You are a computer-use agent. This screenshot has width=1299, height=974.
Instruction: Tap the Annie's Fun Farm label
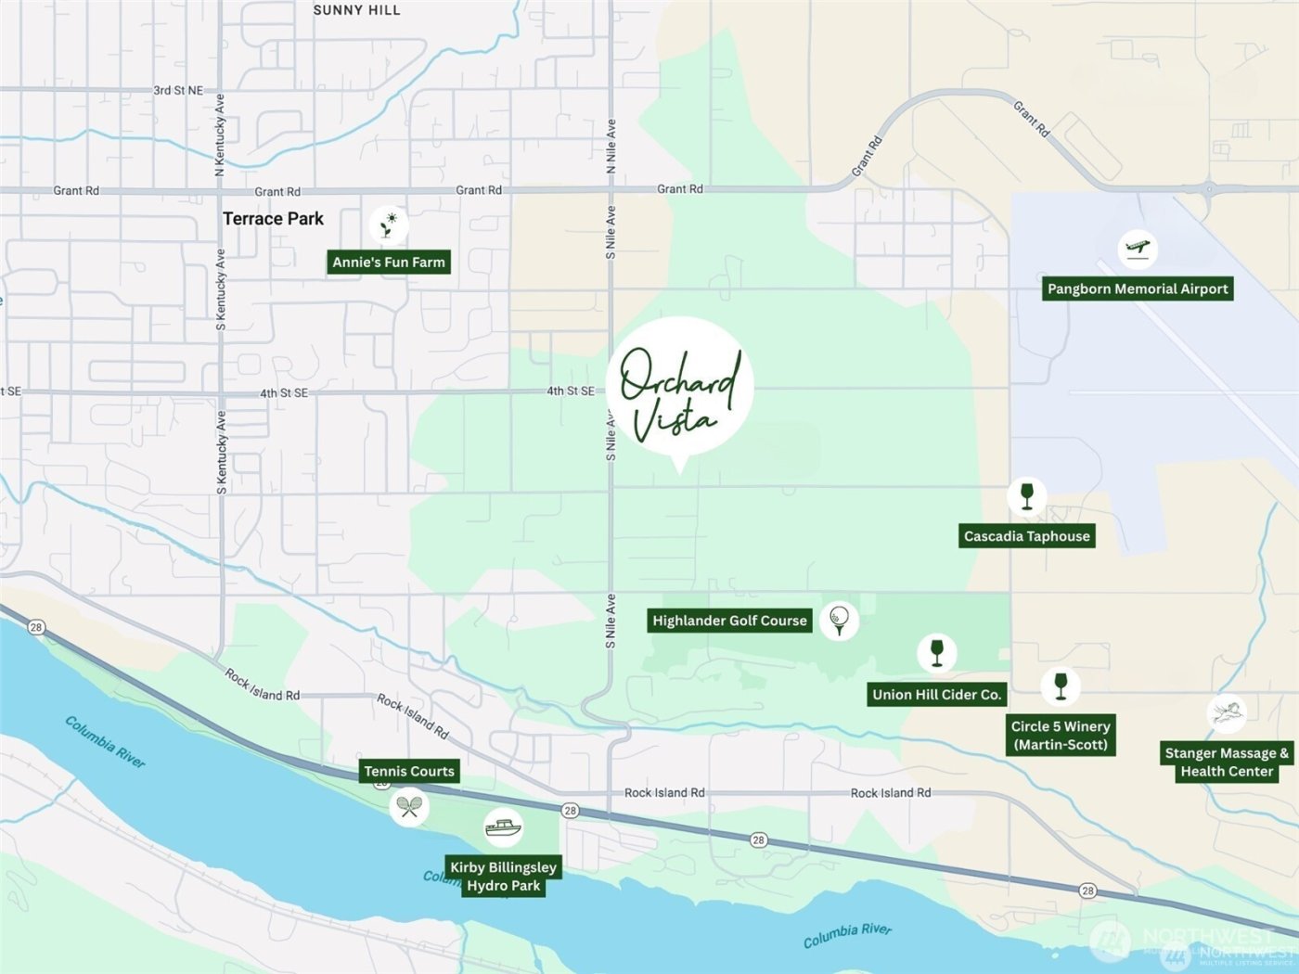tap(389, 263)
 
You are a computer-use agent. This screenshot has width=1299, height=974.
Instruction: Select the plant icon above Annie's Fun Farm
tap(389, 224)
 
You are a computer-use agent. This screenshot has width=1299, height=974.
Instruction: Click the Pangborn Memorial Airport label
tap(1138, 288)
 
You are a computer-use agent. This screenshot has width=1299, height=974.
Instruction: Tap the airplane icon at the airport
tap(1138, 249)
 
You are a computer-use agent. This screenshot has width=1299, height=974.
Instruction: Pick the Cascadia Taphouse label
tap(1026, 536)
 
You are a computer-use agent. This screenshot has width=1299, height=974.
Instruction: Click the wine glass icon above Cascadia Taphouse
tap(1026, 495)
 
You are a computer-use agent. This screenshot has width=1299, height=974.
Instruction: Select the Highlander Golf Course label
tap(729, 621)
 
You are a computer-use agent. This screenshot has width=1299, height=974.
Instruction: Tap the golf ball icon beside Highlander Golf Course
tap(839, 619)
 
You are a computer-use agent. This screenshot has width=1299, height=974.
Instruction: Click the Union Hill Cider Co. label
tap(936, 695)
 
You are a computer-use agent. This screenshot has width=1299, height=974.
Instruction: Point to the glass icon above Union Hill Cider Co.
tap(936, 652)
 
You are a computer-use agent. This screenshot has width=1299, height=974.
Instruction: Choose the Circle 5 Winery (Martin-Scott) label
tap(1061, 736)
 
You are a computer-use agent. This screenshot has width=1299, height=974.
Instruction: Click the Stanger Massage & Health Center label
tap(1226, 763)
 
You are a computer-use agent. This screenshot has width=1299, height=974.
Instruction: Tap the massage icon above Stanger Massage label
tap(1226, 713)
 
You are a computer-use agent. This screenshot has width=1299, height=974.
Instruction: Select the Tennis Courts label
tap(409, 771)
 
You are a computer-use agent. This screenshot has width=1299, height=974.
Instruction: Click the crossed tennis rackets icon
tap(409, 806)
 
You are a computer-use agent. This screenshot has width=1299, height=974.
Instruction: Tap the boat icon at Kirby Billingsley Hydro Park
tap(503, 827)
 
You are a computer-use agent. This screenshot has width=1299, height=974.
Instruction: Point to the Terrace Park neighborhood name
tap(273, 219)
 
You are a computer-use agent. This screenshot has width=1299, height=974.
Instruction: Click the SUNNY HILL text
tap(356, 10)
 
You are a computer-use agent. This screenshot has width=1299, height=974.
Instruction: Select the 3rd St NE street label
tap(178, 90)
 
